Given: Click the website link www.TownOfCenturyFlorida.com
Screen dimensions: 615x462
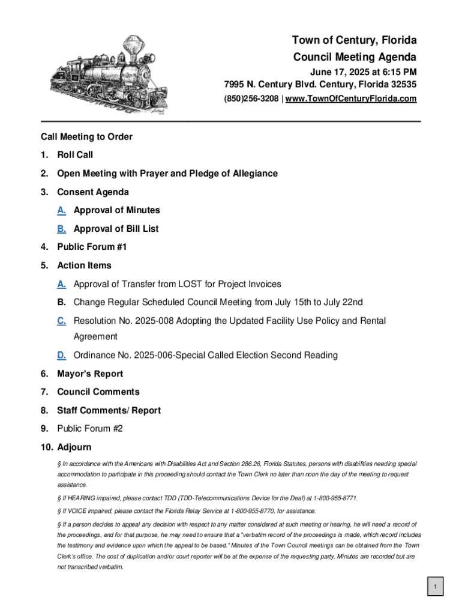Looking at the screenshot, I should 351,98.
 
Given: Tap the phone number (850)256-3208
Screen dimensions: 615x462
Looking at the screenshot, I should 251,98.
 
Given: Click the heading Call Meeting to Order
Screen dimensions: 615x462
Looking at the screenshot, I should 86,137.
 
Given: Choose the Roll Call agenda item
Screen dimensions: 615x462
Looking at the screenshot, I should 75,155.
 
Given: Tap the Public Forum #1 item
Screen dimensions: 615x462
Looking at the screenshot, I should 92,247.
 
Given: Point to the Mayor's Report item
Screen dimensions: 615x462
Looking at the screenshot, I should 90,374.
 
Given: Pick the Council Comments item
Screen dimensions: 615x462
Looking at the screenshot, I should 98,392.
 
